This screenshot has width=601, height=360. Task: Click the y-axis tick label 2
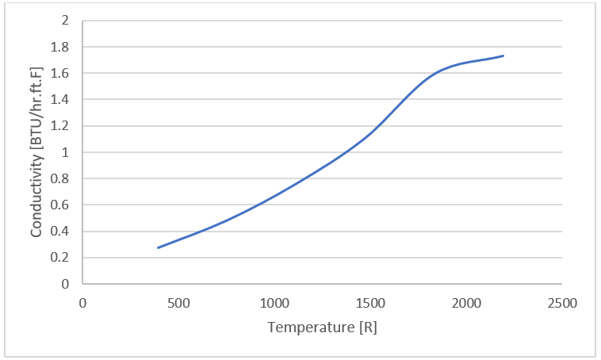point(66,21)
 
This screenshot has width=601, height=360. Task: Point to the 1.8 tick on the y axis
point(61,47)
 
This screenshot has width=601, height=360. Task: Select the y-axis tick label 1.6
point(61,73)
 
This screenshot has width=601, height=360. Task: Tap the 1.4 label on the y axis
point(61,99)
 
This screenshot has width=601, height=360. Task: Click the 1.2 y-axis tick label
point(61,125)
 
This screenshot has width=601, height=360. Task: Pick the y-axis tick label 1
point(66,152)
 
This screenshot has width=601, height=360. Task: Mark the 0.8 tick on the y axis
point(61,178)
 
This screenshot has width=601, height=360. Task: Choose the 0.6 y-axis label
point(61,205)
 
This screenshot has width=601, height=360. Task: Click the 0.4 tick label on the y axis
point(61,232)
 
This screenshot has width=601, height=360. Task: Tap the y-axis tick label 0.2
point(61,258)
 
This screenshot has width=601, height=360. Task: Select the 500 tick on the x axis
point(178,303)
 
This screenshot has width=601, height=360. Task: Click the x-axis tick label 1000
point(274,303)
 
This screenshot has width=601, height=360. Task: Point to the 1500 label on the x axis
point(370,303)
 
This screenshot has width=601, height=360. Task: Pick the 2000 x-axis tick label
point(466,303)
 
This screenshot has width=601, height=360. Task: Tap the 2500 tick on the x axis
point(562,303)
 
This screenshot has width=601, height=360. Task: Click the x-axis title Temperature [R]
point(322,327)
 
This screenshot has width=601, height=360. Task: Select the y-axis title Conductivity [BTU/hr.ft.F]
point(36,152)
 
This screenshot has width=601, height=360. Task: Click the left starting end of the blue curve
point(158,248)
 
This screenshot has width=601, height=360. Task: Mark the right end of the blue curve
point(503,56)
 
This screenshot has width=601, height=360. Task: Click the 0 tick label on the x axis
point(82,303)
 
